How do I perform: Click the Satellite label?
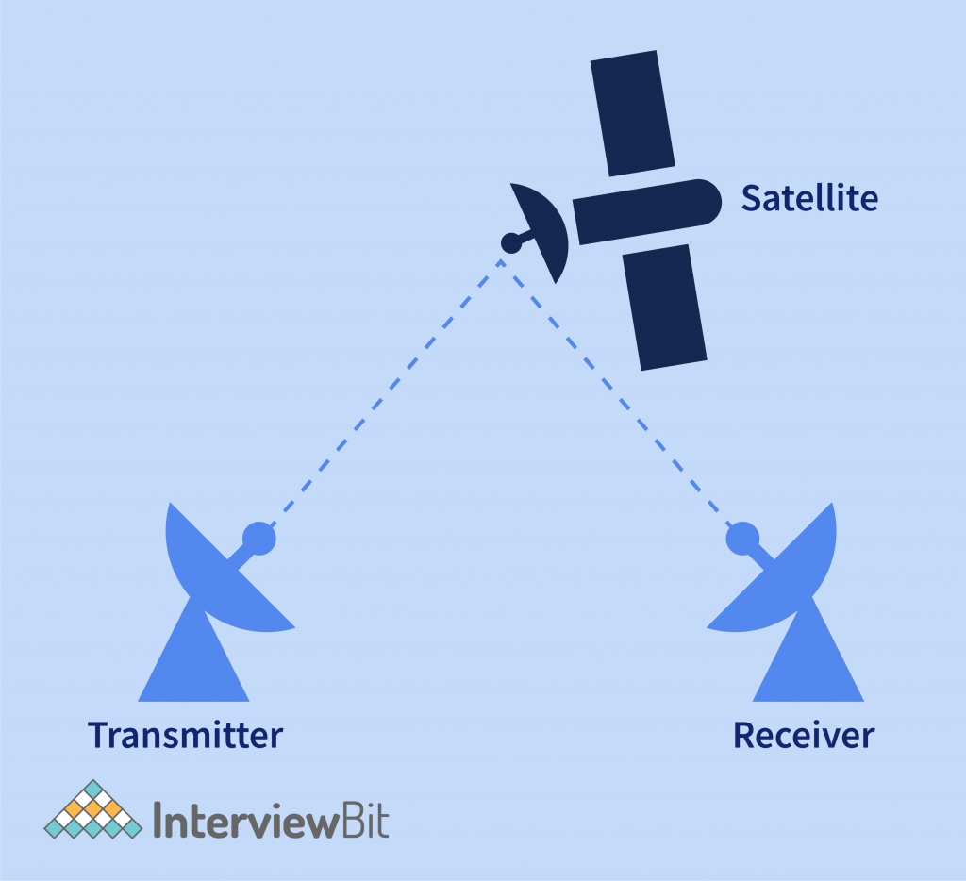tap(809, 198)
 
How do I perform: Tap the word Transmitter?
tap(185, 735)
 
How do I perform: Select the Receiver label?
tap(804, 735)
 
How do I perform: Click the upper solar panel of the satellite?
tap(632, 113)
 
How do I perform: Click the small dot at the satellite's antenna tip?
tap(510, 243)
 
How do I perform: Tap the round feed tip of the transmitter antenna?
tap(258, 539)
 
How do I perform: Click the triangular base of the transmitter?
tap(194, 665)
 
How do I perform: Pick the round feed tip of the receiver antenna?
tap(741, 539)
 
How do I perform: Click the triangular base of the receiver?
tap(808, 665)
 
